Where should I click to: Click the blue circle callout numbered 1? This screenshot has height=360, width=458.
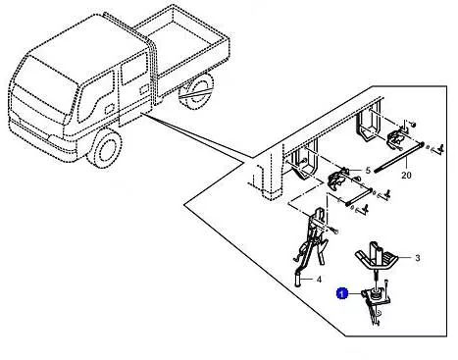pos(342,293)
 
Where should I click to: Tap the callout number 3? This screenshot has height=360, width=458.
pos(417,258)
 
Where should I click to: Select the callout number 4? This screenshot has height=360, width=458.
pos(319,280)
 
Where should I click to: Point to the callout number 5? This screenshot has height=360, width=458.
pos(368,170)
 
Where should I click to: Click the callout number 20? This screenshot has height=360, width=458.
pos(406,176)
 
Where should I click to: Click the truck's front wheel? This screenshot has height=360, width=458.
pos(105,149)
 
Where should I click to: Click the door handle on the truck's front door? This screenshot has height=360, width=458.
pos(110,109)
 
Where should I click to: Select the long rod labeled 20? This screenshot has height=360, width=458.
pos(398,157)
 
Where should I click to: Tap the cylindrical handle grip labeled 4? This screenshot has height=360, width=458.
pos(298,279)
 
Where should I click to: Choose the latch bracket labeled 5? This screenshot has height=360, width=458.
pos(338,180)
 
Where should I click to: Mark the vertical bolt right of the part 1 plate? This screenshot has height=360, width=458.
pos(386,287)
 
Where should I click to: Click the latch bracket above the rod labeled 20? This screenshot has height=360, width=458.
pos(397,139)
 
